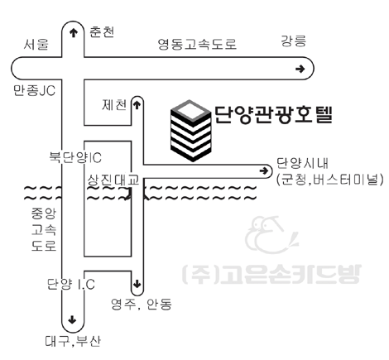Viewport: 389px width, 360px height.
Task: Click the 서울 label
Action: pos(36,44)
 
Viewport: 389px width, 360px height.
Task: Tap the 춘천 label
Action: pos(102,32)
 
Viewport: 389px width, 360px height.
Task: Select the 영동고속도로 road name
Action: pos(197,44)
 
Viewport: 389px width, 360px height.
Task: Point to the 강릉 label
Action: pos(293,41)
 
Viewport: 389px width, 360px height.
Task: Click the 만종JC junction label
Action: pos(35,90)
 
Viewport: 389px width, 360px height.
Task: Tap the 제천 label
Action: pos(114,105)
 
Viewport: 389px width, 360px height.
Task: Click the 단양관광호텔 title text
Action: pos(273,115)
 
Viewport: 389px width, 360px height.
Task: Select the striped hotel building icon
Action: pos(191,131)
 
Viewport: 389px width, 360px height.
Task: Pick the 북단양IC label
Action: pos(75,157)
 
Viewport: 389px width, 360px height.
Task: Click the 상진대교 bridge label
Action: pos(113,180)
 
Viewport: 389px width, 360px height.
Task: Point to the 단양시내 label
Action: pos(302,163)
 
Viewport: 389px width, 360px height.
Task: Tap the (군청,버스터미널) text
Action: pos(330,180)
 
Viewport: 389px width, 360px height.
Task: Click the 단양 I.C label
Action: pos(71,284)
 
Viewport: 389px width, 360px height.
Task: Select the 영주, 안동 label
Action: pos(142,304)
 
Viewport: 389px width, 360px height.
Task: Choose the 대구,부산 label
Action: pos(73,341)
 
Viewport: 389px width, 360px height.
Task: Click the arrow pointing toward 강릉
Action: pos(300,69)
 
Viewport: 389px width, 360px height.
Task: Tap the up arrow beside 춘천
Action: pos(73,33)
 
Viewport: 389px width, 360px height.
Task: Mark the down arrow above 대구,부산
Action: pos(72,319)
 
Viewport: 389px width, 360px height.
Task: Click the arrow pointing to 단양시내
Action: pos(264,171)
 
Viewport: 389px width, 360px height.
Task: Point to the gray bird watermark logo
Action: pos(271,235)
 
